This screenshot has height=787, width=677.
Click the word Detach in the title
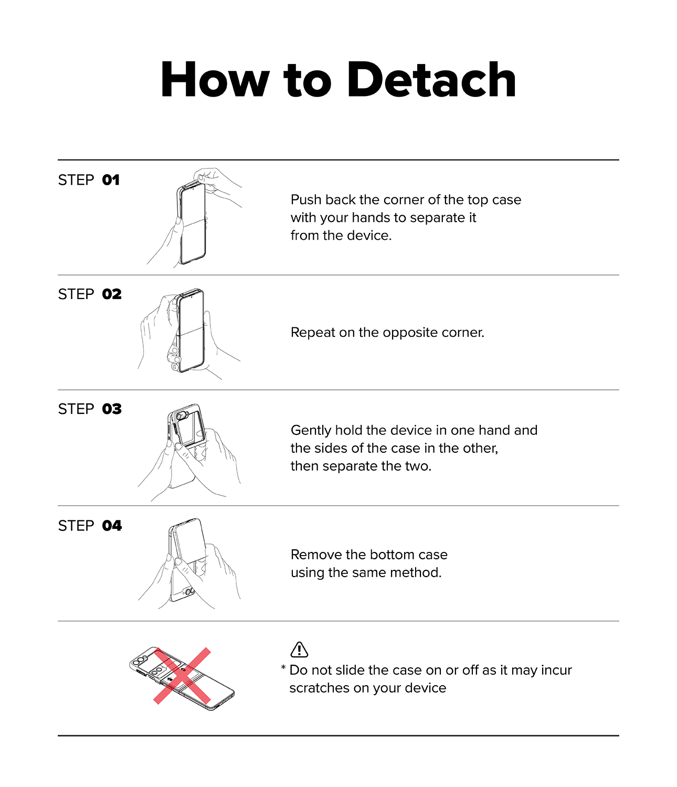tap(431, 80)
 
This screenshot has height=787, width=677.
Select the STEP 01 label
tap(89, 180)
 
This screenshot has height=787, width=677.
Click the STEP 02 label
tap(90, 294)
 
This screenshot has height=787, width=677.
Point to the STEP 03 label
tap(90, 409)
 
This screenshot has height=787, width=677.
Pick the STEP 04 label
tap(90, 526)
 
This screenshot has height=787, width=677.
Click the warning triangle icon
tap(299, 650)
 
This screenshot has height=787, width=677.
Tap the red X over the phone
tap(182, 676)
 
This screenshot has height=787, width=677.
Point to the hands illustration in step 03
tap(189, 452)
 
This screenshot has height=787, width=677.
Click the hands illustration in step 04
tap(189, 563)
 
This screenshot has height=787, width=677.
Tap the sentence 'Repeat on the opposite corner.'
tap(387, 333)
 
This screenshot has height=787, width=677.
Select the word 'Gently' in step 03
tap(311, 431)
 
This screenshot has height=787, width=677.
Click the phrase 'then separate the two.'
tap(361, 466)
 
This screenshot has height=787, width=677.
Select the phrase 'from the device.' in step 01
tap(341, 236)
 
